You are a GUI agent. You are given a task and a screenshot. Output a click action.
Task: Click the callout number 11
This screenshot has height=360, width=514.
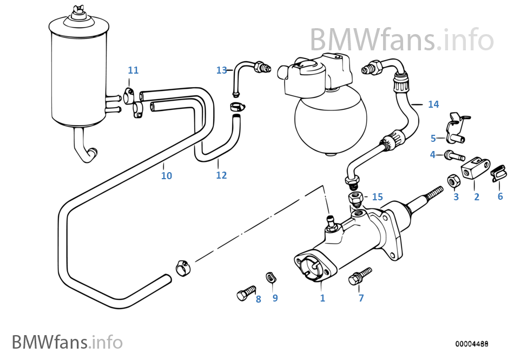[133, 70]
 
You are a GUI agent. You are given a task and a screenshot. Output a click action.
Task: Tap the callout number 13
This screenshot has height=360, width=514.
[221, 70]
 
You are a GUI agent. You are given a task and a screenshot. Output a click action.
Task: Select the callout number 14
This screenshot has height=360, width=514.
[433, 104]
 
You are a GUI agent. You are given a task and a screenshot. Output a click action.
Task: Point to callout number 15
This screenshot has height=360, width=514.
[377, 197]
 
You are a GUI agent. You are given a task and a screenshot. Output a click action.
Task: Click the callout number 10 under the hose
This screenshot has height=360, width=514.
[167, 176]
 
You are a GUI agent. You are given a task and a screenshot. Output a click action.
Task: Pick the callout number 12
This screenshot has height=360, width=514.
[221, 175]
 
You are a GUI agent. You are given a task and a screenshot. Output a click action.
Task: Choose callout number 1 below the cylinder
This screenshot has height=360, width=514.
[322, 298]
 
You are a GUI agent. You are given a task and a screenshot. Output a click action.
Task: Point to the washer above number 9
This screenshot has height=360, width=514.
[271, 278]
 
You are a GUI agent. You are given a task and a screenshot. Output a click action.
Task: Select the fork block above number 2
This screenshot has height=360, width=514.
[476, 168]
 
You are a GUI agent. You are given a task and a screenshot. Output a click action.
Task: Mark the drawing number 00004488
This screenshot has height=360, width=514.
[472, 343]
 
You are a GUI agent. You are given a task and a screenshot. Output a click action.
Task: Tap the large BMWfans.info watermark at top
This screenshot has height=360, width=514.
[401, 39]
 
